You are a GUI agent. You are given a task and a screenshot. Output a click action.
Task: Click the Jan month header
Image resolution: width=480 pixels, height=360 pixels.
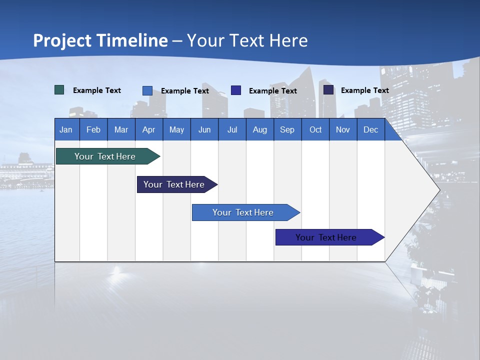pyautogui.click(x=66, y=129)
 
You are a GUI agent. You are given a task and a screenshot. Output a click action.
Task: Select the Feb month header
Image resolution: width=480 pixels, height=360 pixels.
pyautogui.click(x=93, y=129)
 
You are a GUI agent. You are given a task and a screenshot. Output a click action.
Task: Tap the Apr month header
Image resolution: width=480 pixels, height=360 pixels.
pyautogui.click(x=148, y=129)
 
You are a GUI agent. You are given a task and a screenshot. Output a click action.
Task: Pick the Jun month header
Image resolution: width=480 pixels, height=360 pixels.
pyautogui.click(x=204, y=129)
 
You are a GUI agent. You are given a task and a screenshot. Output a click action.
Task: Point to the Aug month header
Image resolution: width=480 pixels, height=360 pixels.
pyautogui.click(x=259, y=129)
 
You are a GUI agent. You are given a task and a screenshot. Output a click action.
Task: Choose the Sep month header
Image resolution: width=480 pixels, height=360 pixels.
pyautogui.click(x=287, y=129)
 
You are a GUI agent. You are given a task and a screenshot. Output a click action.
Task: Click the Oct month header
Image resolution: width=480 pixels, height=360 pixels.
pyautogui.click(x=315, y=129)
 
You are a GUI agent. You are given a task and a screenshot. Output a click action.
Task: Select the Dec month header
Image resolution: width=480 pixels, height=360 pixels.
pyautogui.click(x=370, y=129)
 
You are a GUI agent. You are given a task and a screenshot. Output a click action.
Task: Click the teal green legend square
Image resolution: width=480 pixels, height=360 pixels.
pyautogui.click(x=59, y=90)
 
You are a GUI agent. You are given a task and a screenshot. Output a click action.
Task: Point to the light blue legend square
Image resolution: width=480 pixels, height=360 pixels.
pyautogui.click(x=147, y=90)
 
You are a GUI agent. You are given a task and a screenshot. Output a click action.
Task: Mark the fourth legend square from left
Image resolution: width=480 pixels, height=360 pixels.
pyautogui.click(x=328, y=90)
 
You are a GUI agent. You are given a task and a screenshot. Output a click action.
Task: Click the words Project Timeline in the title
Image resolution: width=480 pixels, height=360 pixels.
pyautogui.click(x=100, y=40)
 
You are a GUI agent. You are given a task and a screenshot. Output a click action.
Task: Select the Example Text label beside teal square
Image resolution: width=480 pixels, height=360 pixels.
pyautogui.click(x=97, y=90)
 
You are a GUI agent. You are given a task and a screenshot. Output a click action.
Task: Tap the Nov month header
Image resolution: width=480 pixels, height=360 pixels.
pyautogui.click(x=343, y=129)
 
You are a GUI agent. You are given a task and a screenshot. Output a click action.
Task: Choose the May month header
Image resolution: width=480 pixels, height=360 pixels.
pyautogui.click(x=176, y=129)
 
